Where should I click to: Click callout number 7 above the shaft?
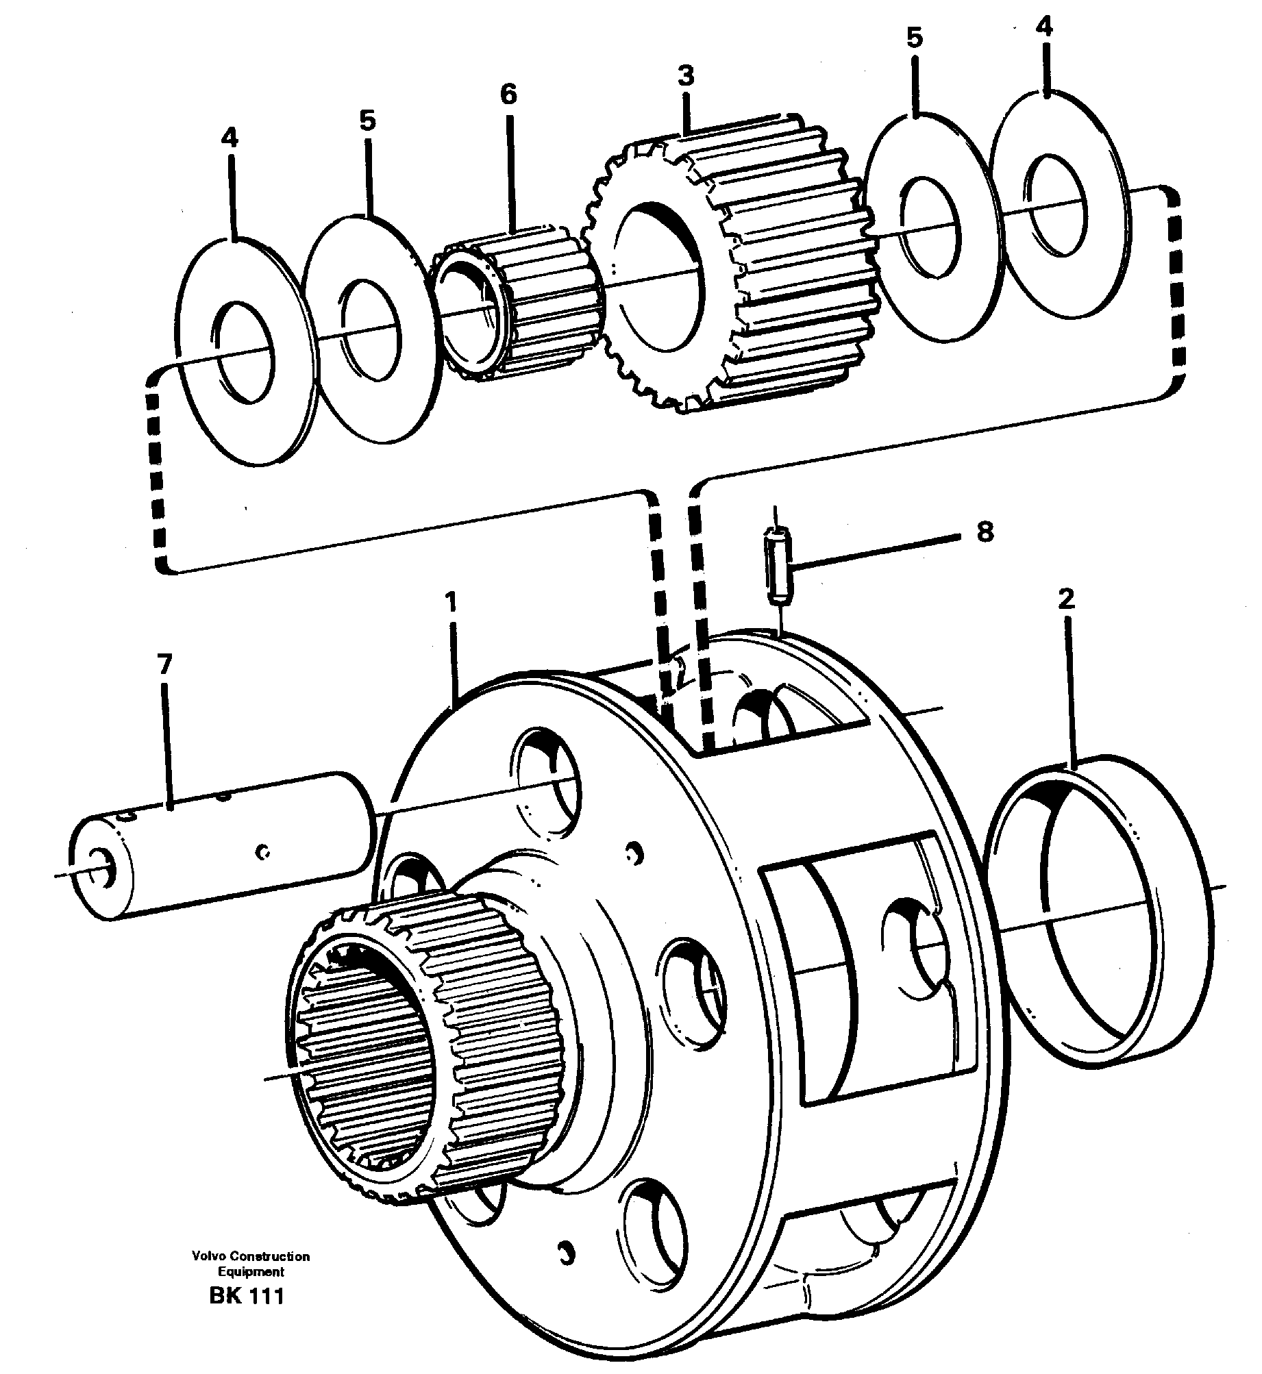[x=164, y=665]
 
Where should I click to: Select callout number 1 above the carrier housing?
[x=450, y=602]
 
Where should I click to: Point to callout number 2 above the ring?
[x=1066, y=599]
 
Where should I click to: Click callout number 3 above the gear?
[x=686, y=75]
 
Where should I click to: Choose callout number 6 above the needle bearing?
[x=508, y=95]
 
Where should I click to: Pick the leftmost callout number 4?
[x=230, y=138]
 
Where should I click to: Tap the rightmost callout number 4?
[x=1043, y=27]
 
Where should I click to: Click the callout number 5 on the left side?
[x=367, y=121]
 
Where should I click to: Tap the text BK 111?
[x=247, y=1297]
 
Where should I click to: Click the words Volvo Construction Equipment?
[x=251, y=1264]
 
